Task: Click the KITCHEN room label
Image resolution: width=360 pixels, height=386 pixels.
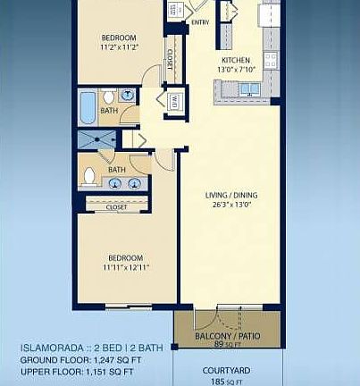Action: pos(237,61)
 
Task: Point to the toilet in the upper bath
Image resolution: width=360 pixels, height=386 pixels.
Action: pos(108,96)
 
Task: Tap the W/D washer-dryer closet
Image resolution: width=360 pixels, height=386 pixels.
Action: pos(174,99)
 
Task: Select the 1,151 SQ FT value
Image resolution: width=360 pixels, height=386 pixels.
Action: pos(111,371)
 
